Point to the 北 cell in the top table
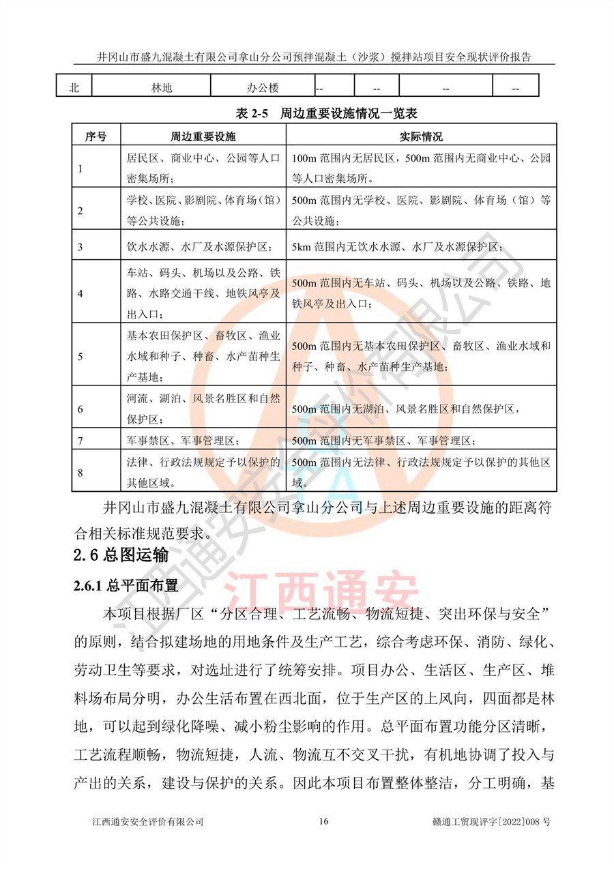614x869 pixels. point(74,89)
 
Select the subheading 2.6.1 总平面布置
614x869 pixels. point(126,585)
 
